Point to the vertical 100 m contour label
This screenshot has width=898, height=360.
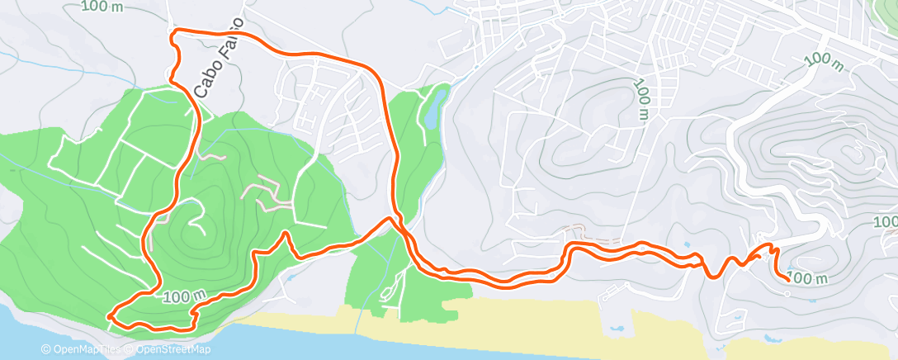(641, 102)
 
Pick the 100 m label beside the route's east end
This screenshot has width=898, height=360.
(808, 278)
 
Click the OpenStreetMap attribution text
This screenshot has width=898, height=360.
(170, 350)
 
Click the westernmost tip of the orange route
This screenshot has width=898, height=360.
(109, 315)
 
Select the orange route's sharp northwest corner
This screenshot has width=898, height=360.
(173, 33)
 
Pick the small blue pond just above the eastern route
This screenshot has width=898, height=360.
(687, 245)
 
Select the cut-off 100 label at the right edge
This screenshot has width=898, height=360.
(886, 221)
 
